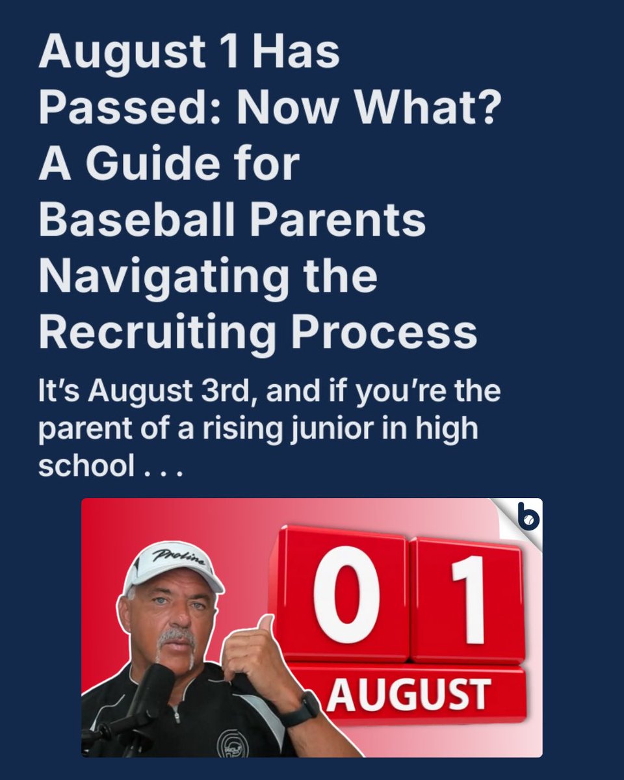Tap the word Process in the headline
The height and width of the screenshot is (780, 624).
coord(383,333)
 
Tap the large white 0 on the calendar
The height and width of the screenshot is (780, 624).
coord(346,595)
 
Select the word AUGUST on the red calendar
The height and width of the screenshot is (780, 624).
coord(408,694)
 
